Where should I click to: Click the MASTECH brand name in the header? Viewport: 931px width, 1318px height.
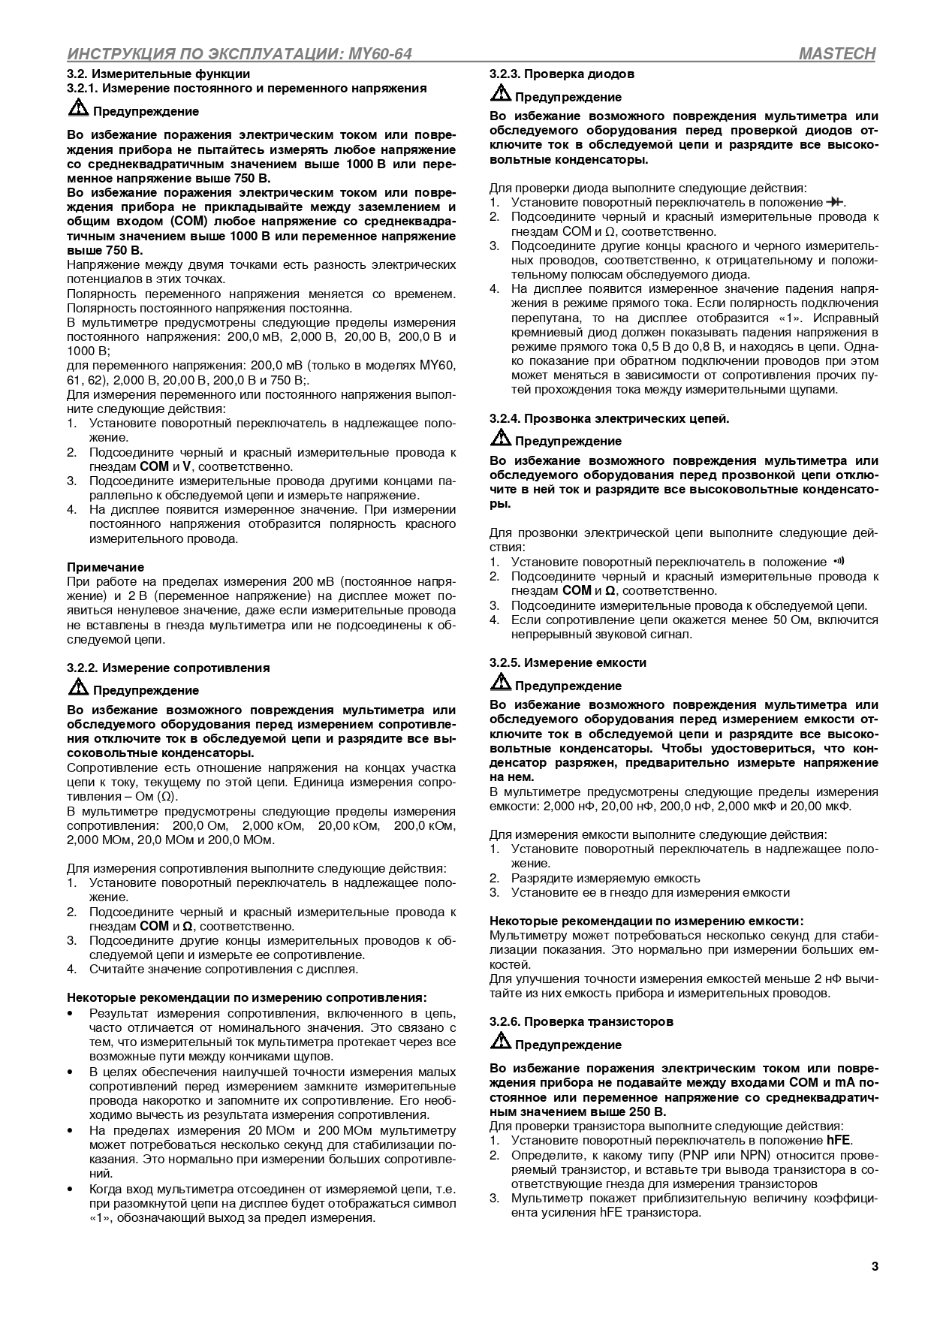click(x=837, y=54)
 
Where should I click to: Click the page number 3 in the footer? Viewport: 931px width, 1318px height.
click(x=875, y=1266)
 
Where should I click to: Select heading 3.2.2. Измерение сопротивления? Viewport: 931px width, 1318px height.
click(x=168, y=668)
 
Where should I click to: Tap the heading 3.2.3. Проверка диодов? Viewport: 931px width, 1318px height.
click(x=562, y=74)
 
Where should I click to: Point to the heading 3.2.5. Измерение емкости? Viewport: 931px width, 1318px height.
click(x=568, y=662)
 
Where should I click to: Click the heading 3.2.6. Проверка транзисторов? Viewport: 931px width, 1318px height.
click(x=581, y=1021)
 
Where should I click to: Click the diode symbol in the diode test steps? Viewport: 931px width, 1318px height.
click(x=834, y=203)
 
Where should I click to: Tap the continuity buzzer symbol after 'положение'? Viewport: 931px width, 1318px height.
click(x=839, y=561)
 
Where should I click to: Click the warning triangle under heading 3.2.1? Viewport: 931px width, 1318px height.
click(x=78, y=110)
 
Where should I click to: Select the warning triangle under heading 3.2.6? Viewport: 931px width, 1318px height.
click(x=500, y=1043)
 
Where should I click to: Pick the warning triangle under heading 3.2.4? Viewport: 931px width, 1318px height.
click(x=500, y=439)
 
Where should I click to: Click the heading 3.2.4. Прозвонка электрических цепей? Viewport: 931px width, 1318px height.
click(x=609, y=418)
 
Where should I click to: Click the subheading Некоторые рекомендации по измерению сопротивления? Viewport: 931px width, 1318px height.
click(x=247, y=997)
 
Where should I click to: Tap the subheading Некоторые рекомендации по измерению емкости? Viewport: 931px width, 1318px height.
click(x=646, y=921)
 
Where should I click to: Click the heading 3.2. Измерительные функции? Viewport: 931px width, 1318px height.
click(x=158, y=74)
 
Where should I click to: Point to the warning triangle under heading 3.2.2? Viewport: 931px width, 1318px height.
click(x=78, y=689)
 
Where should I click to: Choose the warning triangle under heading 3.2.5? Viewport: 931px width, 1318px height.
click(x=500, y=684)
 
